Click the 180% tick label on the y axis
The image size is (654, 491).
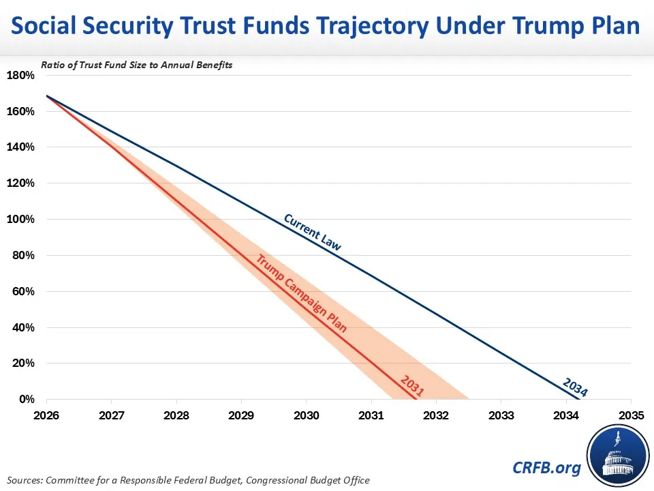pos(20,75)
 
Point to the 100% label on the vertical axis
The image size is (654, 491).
pos(20,220)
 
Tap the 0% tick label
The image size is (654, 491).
pos(25,400)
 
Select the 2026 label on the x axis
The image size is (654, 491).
pos(46,415)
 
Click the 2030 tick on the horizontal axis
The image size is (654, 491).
pos(306,415)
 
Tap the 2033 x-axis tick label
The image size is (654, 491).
pos(501,415)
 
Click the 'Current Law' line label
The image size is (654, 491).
pos(312,233)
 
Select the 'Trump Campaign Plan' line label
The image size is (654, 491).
pos(301,293)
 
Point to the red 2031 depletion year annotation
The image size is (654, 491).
pos(412,386)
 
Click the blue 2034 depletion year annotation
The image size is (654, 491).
pos(575,387)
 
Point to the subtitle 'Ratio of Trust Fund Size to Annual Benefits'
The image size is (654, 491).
pos(137,65)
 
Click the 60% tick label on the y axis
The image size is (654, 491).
pos(22,292)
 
